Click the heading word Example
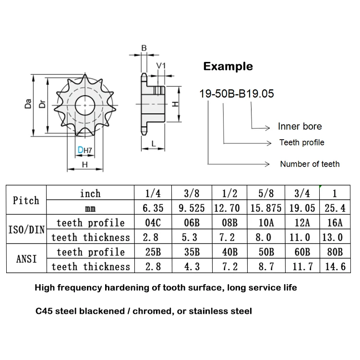pyautogui.click(x=228, y=66)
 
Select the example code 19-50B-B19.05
pyautogui.click(x=237, y=93)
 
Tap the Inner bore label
pyautogui.click(x=300, y=127)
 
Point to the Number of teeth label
pyautogui.click(x=310, y=164)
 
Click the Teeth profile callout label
pyautogui.click(x=301, y=143)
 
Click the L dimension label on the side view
pyautogui.click(x=153, y=144)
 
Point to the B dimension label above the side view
pyautogui.click(x=144, y=48)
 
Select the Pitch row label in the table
pyautogui.click(x=26, y=201)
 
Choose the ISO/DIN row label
pyautogui.click(x=26, y=230)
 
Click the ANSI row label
pyautogui.click(x=26, y=259)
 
